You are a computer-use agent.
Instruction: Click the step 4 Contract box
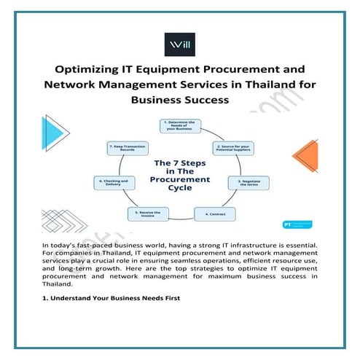click(214, 214)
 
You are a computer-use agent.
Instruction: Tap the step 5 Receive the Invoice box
click(146, 214)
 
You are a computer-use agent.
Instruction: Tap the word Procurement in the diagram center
click(179, 179)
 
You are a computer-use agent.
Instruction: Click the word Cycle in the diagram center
click(179, 188)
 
